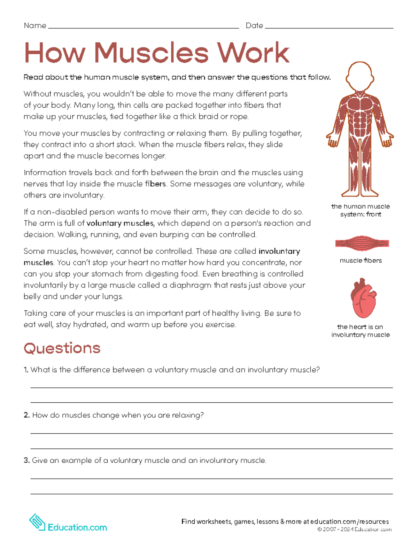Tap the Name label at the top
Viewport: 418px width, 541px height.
click(35, 25)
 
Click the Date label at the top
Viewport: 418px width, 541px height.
click(254, 25)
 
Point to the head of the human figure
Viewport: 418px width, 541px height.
click(360, 77)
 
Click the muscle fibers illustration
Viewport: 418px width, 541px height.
click(362, 243)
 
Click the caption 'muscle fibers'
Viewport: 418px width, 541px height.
click(361, 261)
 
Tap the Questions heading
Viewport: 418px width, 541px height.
click(62, 348)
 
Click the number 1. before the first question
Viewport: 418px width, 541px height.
click(26, 370)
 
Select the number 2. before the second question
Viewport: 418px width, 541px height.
click(27, 415)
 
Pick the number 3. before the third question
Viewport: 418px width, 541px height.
click(27, 461)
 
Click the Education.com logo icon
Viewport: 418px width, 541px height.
click(37, 523)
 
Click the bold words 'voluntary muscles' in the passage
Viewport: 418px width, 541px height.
click(120, 223)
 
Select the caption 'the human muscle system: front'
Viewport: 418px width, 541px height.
click(361, 210)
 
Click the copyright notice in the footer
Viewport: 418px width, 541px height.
click(354, 530)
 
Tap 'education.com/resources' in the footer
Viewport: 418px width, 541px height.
click(349, 521)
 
